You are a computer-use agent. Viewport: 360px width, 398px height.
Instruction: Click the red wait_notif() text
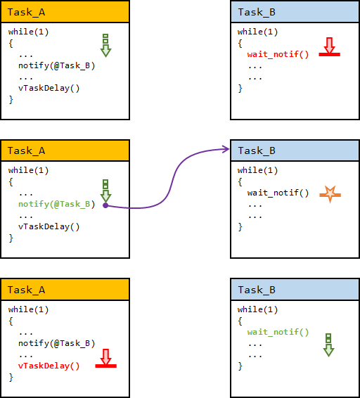[278, 54]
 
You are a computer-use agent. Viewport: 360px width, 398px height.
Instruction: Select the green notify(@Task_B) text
[57, 204]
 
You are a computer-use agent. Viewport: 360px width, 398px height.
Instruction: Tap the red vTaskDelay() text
[49, 366]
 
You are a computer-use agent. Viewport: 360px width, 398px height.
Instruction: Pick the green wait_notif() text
[278, 332]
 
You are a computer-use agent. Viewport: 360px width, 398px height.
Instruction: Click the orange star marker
[330, 195]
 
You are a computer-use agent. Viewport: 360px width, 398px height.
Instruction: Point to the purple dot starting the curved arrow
[105, 205]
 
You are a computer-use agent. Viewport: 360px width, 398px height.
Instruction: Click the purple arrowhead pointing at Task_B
[226, 149]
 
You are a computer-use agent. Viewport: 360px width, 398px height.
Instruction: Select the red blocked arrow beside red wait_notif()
[329, 46]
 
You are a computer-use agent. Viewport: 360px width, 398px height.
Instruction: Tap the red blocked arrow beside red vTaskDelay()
[106, 358]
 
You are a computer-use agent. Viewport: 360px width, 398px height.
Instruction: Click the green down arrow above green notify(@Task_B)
[105, 191]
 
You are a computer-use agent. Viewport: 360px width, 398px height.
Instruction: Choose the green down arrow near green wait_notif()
[328, 345]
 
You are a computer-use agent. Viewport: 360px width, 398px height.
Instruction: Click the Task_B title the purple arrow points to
[257, 150]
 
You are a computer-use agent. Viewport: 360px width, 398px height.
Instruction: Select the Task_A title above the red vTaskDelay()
[27, 290]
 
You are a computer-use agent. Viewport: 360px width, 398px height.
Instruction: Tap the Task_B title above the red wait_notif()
[257, 12]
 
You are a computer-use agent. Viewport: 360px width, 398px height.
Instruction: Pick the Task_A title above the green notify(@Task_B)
[27, 150]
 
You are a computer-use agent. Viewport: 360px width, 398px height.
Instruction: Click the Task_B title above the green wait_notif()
[257, 290]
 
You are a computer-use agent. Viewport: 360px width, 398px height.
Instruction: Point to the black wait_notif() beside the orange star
[278, 193]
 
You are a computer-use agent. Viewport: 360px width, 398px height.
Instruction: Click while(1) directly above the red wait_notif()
[257, 32]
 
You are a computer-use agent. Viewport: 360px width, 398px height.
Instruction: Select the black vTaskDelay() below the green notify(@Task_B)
[49, 226]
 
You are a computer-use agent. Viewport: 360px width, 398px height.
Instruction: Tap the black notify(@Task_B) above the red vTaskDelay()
[57, 343]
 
